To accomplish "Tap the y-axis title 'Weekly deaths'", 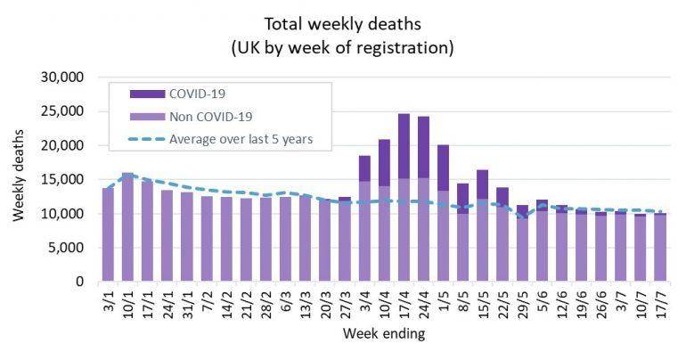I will point(20,179).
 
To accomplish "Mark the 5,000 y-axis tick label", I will point(63,249).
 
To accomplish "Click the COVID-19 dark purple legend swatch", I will point(146,93).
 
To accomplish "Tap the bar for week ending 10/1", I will point(127,227).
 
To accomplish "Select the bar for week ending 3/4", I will point(364,218).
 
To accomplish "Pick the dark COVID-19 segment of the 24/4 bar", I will point(423,147).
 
